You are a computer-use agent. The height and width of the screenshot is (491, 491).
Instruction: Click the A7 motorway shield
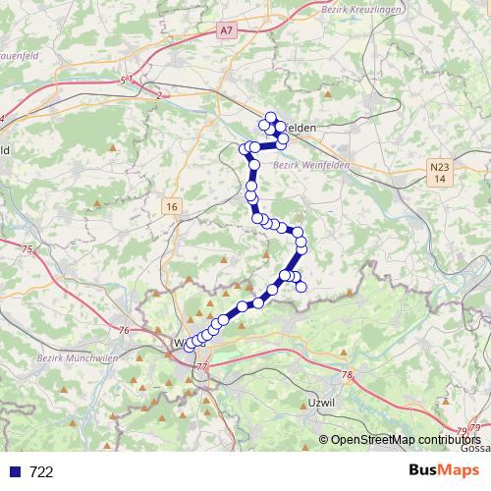[x=227, y=31]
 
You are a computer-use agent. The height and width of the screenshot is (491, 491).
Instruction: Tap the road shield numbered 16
[x=173, y=206]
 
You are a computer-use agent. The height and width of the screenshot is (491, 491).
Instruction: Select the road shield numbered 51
[x=124, y=79]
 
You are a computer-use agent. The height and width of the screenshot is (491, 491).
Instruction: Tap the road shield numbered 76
[x=124, y=331]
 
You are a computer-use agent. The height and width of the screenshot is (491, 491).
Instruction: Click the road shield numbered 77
[x=202, y=366]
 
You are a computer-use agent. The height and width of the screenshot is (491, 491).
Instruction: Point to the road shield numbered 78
[x=347, y=375]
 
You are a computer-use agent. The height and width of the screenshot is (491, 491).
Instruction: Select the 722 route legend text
[x=41, y=471]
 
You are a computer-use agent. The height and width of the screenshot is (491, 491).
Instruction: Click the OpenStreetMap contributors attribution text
[x=405, y=440]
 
